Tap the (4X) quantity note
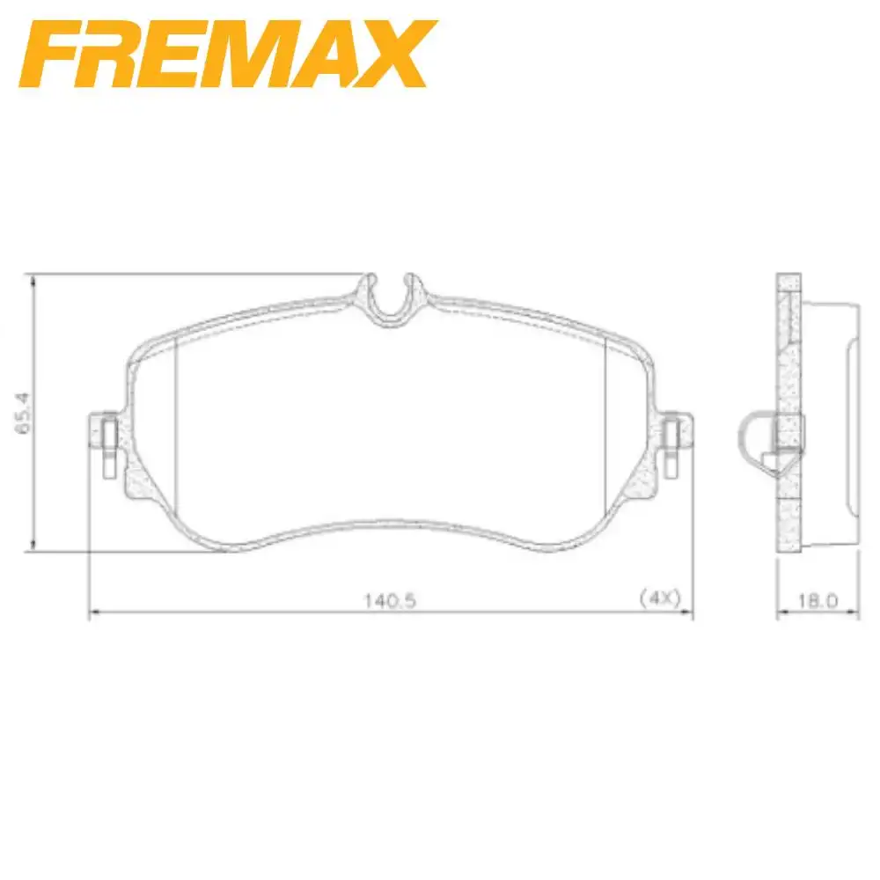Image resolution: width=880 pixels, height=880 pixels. [x=660, y=598]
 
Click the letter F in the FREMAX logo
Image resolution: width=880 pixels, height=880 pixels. [x=53, y=55]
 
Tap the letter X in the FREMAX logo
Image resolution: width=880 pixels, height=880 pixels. [x=396, y=55]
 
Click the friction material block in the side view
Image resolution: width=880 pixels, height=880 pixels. [x=827, y=414]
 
